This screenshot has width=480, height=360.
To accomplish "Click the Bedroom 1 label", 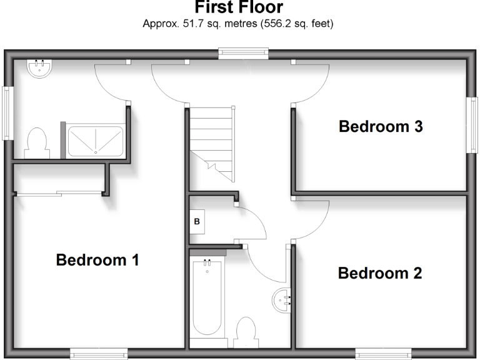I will pyautogui.click(x=97, y=259).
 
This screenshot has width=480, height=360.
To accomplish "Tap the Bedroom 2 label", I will pyautogui.click(x=380, y=273).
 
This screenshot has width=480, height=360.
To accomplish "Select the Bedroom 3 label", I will pyautogui.click(x=381, y=126).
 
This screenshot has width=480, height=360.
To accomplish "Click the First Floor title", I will pyautogui.click(x=239, y=8).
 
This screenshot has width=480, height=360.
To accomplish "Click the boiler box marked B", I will pyautogui.click(x=197, y=221).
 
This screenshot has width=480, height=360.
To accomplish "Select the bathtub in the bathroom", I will pyautogui.click(x=207, y=297).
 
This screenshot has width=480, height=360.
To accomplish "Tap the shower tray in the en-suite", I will pyautogui.click(x=94, y=140).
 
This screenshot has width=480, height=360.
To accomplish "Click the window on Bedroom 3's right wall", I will pyautogui.click(x=472, y=124).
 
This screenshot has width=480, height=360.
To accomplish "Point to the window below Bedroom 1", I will pyautogui.click(x=99, y=354).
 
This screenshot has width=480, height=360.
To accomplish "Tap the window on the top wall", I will pyautogui.click(x=244, y=52).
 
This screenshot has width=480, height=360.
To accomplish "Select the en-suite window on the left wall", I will pyautogui.click(x=7, y=113).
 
